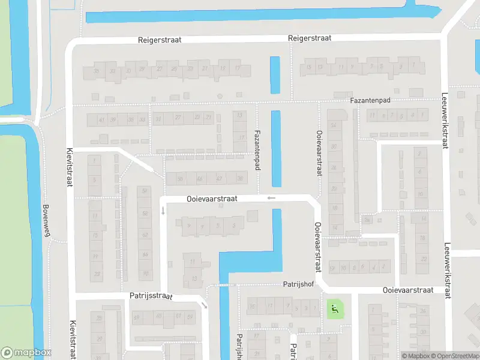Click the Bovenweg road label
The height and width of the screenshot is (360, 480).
[45, 221]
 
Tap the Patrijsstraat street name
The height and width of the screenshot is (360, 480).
[151, 296]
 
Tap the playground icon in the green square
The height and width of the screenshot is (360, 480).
[334, 310]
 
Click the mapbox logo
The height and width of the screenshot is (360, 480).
[26, 353]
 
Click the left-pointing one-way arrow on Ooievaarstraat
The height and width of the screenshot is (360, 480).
[271, 197]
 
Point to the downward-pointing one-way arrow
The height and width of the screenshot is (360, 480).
[163, 211]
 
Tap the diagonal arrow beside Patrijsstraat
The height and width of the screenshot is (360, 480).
[205, 305]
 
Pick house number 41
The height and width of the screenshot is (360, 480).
[103, 119]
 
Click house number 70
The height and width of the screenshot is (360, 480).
[145, 274]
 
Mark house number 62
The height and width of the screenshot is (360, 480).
[145, 235]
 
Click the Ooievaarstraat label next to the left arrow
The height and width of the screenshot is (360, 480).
[212, 199]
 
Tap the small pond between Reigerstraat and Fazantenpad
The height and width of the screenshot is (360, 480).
[275, 74]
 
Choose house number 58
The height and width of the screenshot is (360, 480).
[145, 214]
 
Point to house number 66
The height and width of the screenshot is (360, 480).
[145, 255]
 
